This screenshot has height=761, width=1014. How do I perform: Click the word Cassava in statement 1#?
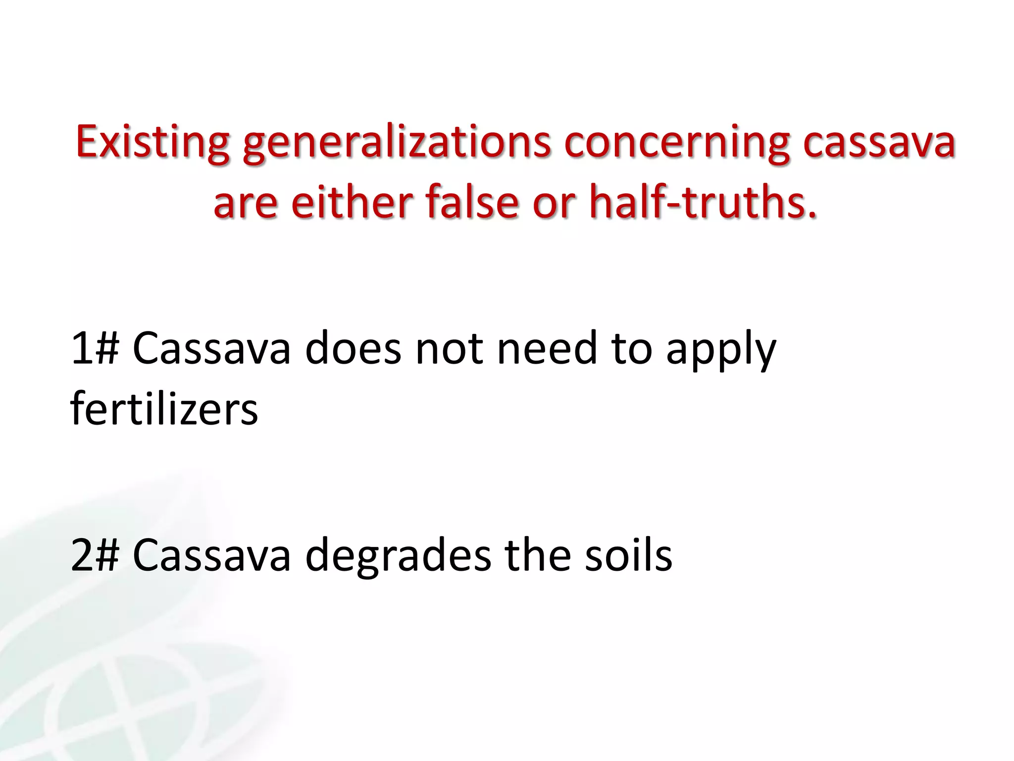[211, 349]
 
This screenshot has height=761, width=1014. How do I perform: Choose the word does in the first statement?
[353, 349]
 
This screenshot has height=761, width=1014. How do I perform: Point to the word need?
[547, 349]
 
